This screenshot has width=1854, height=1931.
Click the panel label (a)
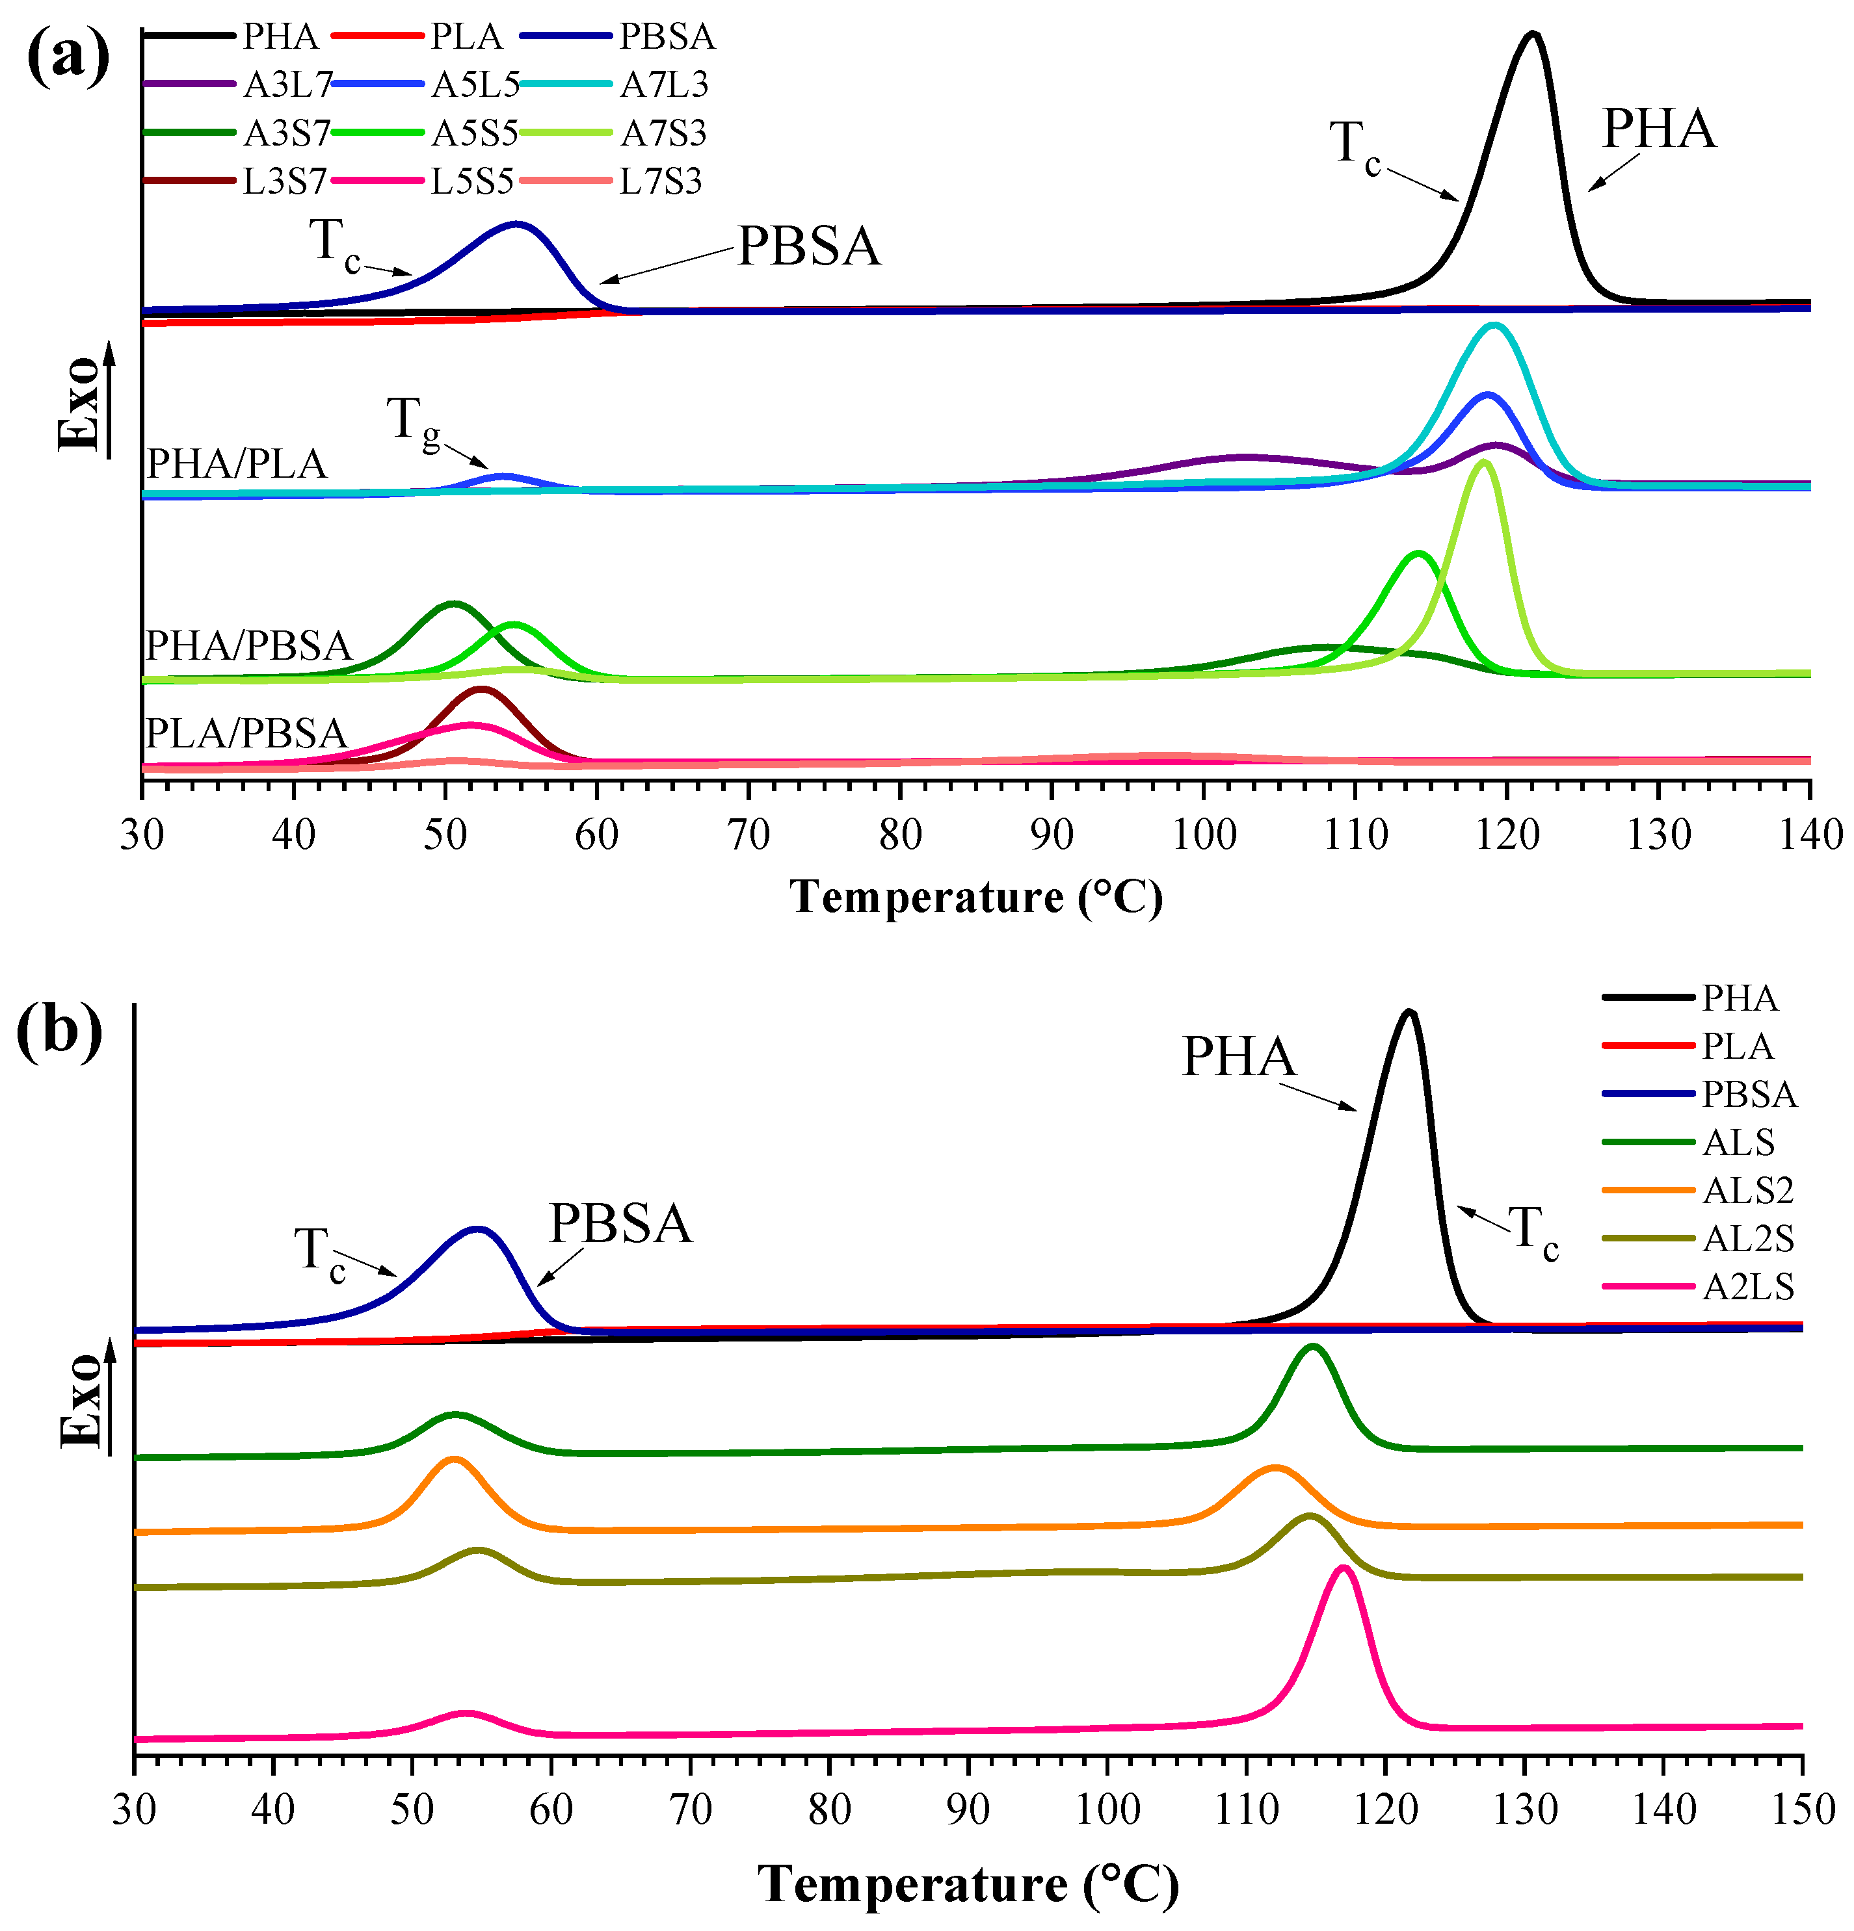67,57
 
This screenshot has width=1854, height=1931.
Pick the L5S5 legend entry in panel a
471,182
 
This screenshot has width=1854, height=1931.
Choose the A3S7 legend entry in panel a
286,134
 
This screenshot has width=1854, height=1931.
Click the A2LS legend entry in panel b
1747,1287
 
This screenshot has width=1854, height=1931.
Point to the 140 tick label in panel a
1810,835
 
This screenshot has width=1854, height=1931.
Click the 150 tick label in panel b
1802,1810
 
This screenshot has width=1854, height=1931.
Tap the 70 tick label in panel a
748,835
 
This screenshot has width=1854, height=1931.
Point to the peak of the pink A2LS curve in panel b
1342,1568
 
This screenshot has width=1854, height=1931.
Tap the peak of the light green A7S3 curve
1483,463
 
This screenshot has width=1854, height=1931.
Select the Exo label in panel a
79,404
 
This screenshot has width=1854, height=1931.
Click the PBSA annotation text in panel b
620,1224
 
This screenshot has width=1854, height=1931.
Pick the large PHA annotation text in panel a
1659,130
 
